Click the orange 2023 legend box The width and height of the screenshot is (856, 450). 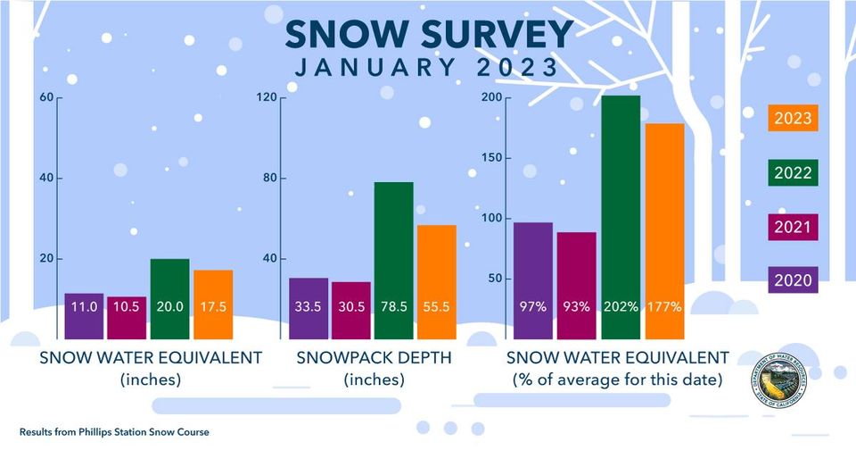click(x=793, y=118)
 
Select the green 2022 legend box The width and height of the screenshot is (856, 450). click(x=793, y=172)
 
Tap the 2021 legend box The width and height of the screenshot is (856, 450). click(x=793, y=227)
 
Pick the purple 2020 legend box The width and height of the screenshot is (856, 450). click(x=793, y=280)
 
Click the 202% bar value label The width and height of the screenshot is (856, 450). click(x=621, y=306)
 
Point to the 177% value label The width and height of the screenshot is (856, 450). click(x=664, y=306)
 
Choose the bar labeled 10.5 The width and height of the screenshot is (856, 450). click(x=127, y=317)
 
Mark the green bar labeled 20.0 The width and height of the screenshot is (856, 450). click(x=169, y=298)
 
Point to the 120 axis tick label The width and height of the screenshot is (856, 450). click(x=265, y=97)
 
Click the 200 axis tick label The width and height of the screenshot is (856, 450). click(x=490, y=97)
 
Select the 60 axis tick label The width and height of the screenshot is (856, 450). click(x=45, y=97)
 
